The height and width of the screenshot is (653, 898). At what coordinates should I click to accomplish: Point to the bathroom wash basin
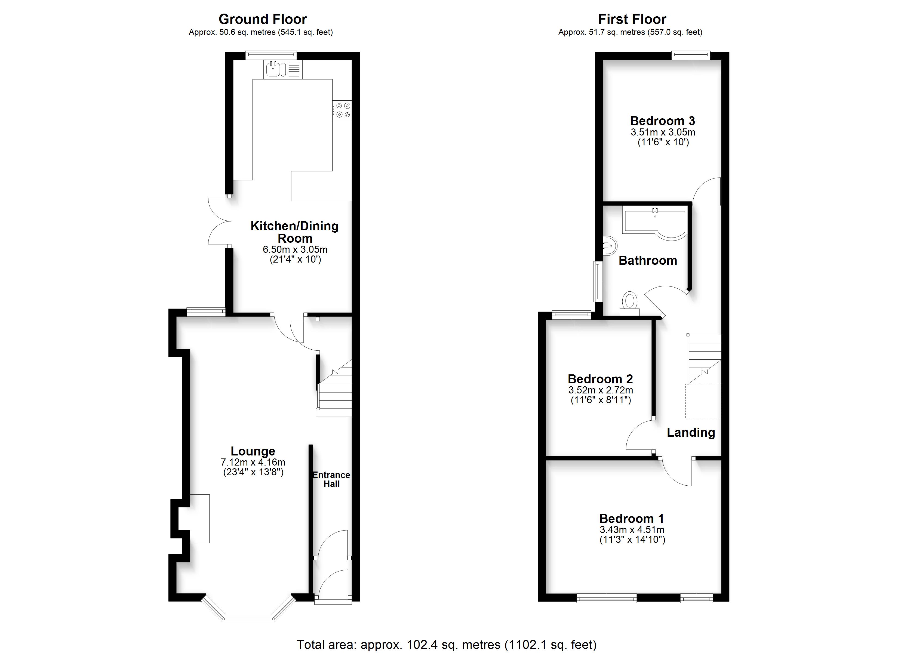point(610,245)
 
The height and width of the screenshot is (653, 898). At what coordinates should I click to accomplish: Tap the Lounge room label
point(253,451)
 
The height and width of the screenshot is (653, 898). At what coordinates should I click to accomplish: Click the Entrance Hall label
point(331,479)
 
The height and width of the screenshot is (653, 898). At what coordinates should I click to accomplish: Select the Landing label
point(691,432)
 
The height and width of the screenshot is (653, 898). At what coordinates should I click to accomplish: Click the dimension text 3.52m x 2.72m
point(601,390)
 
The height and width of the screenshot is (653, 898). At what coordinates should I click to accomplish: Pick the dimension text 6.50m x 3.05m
point(295,250)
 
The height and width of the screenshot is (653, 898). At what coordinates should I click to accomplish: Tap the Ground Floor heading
point(263,19)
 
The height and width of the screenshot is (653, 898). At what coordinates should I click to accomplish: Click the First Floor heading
point(632,19)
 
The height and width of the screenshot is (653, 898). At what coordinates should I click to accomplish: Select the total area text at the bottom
point(447,645)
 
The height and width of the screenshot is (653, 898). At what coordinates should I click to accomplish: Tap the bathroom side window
point(598,281)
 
